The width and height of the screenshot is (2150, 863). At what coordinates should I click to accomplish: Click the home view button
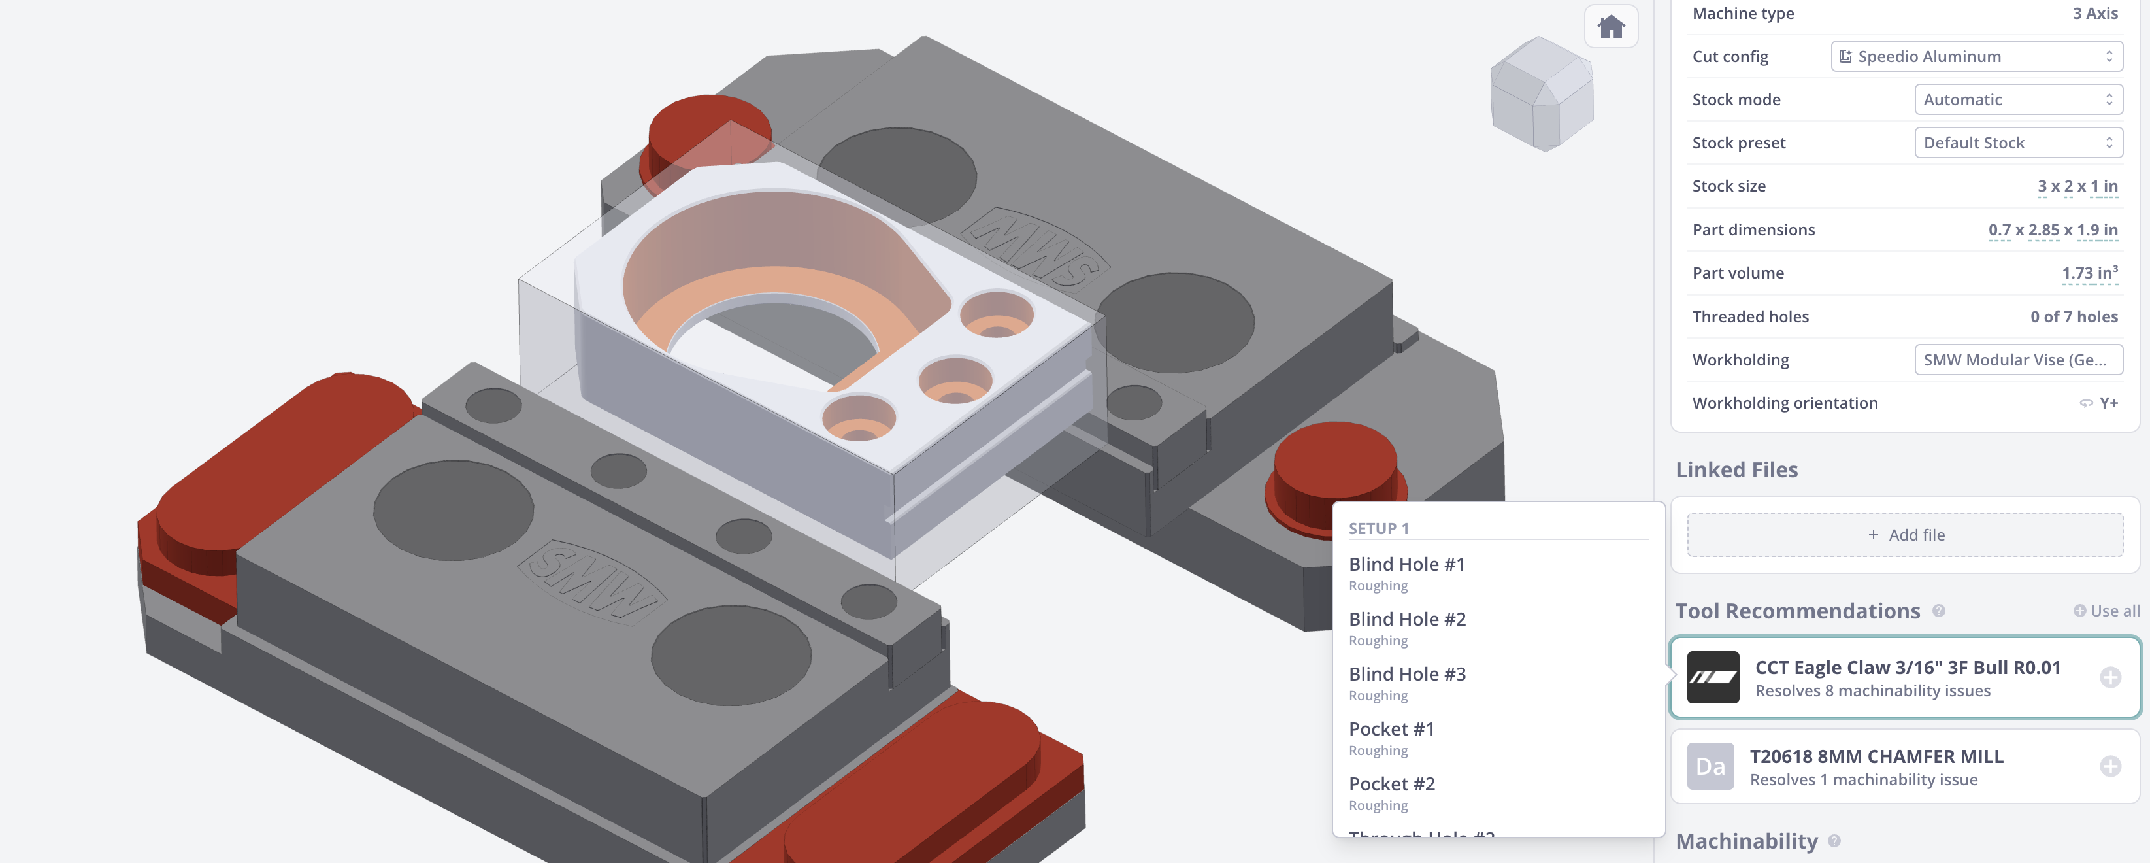pos(1610,27)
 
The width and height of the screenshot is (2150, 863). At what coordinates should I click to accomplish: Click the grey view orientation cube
pos(1542,93)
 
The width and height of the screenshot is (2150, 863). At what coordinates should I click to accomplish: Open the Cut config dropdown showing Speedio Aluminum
pos(1976,57)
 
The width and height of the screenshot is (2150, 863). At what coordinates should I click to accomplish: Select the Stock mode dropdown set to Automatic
pos(2017,100)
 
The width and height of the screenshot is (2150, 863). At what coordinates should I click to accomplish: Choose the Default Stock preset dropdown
pos(2017,143)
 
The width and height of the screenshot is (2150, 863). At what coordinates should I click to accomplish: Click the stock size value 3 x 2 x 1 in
pos(2077,186)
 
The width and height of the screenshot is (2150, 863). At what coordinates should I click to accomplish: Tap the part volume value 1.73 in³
pos(2088,273)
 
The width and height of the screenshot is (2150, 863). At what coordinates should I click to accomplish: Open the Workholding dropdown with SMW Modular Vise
pos(2017,360)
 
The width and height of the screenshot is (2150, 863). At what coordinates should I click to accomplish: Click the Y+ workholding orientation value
pos(2108,403)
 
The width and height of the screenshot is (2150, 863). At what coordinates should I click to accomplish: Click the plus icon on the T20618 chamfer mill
pos(2110,766)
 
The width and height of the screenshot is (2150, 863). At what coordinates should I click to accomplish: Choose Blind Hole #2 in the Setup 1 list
pos(1406,619)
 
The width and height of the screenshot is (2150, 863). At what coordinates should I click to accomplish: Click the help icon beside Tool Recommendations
pos(1939,611)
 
